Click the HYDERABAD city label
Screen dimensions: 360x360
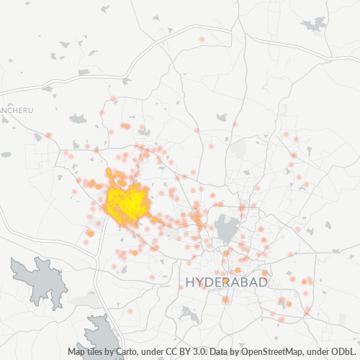[x=226, y=282]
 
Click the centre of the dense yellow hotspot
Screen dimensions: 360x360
[x=127, y=202]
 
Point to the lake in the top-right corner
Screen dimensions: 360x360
[x=315, y=25]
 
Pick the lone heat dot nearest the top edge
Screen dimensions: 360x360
[x=202, y=39]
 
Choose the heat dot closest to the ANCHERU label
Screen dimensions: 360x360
[x=48, y=135]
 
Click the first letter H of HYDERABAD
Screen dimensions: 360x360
[x=190, y=282]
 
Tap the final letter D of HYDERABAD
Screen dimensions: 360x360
[x=263, y=282]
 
